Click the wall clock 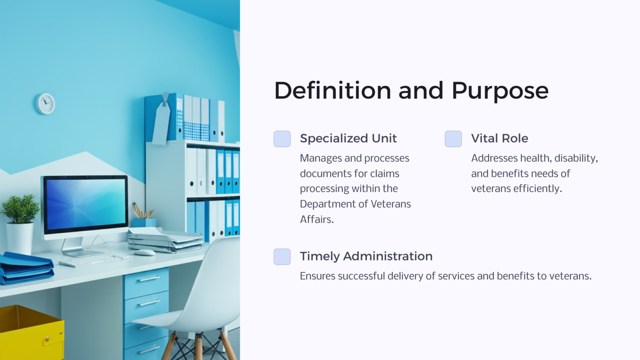[45, 104]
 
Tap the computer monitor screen [85, 204]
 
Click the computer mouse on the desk [144, 252]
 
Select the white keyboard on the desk [95, 260]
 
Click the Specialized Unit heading [348, 138]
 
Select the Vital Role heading [499, 138]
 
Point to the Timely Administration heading [366, 256]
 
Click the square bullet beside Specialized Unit [282, 139]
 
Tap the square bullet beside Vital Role [453, 139]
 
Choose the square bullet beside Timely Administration [282, 257]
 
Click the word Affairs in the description [316, 219]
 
